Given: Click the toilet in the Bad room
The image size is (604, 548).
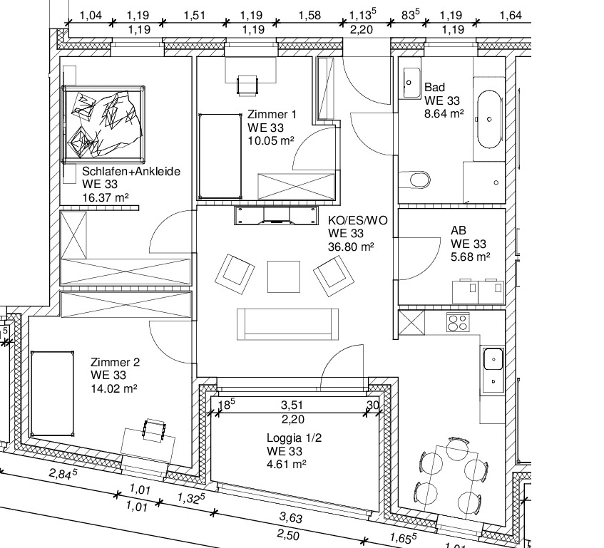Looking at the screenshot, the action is point(415,180).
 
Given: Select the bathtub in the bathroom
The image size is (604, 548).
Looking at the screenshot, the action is point(490,119).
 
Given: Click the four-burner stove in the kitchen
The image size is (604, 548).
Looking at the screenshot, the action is point(458,322).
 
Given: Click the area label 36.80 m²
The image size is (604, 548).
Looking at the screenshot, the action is point(351,247).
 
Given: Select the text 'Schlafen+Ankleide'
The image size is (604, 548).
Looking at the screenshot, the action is point(131,171).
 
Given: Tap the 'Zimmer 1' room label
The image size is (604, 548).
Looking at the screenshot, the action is point(272,114).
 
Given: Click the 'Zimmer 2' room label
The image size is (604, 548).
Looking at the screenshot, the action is point(116,362).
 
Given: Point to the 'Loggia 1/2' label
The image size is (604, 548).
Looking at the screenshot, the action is point(294,438).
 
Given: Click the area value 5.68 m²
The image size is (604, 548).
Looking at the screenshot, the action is point(471,257).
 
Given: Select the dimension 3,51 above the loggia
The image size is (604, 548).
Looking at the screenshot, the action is point(292,405).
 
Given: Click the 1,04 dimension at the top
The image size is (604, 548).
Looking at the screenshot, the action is point(91,16).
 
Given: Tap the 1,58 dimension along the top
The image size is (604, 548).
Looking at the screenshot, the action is point(309,16).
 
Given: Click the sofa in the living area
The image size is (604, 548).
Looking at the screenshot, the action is point(288,324).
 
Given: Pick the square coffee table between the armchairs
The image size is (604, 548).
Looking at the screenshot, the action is point(284,276).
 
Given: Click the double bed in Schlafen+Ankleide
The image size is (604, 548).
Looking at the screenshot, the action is point(103,124).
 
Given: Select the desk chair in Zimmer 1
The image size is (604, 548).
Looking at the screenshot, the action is point(247,85).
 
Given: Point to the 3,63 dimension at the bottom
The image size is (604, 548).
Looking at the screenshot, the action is point(291,517).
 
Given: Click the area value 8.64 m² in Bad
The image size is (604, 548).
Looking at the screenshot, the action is point(444,113).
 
